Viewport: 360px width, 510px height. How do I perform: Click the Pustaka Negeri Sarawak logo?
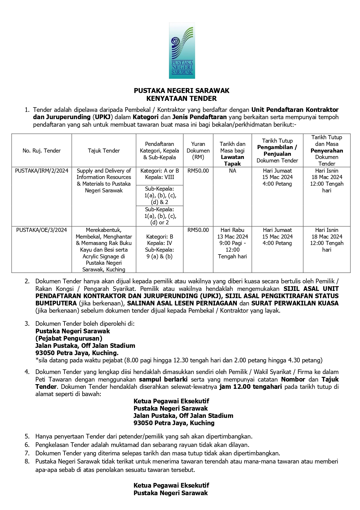182,51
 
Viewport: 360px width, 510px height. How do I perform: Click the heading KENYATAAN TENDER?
181,99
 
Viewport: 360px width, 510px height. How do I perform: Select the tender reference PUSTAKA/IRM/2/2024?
42,171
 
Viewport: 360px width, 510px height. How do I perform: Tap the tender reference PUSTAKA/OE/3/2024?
42,230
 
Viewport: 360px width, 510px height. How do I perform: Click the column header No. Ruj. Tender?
42,151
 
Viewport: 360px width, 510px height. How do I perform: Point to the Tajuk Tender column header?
104,151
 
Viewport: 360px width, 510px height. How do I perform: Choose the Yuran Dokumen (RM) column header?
198,151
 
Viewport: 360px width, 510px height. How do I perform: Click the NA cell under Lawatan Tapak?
232,171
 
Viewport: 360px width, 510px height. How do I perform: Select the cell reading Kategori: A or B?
159,171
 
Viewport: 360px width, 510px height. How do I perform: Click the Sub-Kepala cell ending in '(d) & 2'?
159,195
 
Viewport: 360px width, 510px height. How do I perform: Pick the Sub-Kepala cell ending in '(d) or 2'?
159,216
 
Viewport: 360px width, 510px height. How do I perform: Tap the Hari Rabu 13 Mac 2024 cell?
232,233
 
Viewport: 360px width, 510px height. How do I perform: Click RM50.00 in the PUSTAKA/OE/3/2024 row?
198,230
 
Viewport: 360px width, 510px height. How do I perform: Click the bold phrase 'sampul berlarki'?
163,379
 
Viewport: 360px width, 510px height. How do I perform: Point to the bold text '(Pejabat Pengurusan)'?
69,338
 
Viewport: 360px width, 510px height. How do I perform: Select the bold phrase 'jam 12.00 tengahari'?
251,386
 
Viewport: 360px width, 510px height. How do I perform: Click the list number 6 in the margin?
27,445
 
